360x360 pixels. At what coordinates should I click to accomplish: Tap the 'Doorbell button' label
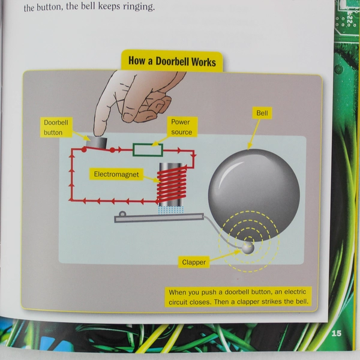pos(57,127)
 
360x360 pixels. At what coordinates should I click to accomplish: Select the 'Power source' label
pos(181,127)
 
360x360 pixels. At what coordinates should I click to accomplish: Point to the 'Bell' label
pos(262,113)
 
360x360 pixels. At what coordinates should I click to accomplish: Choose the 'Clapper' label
pos(194,262)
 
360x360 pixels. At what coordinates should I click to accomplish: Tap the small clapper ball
pos(248,247)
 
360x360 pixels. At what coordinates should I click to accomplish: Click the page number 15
pos(335,333)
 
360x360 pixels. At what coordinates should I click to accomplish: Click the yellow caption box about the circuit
pos(238,296)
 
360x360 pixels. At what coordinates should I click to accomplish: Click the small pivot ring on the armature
pos(122,214)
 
